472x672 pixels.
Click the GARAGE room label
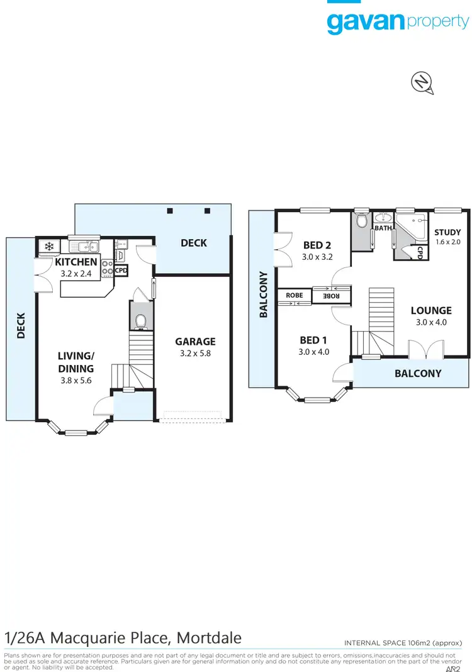click(195, 342)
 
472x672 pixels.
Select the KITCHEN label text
click(76, 262)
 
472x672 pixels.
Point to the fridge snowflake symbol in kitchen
click(48, 246)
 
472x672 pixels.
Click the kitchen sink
click(83, 246)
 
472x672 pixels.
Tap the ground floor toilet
click(141, 320)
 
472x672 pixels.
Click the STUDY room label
click(447, 232)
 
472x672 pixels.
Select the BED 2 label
click(317, 245)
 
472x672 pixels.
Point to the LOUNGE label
click(431, 310)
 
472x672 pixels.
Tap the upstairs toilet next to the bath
click(361, 221)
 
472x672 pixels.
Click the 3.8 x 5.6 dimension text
click(76, 380)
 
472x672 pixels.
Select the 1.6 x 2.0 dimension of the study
click(447, 242)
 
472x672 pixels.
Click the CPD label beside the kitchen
click(121, 271)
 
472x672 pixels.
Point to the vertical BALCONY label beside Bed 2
click(263, 294)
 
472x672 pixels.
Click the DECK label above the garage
click(193, 242)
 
